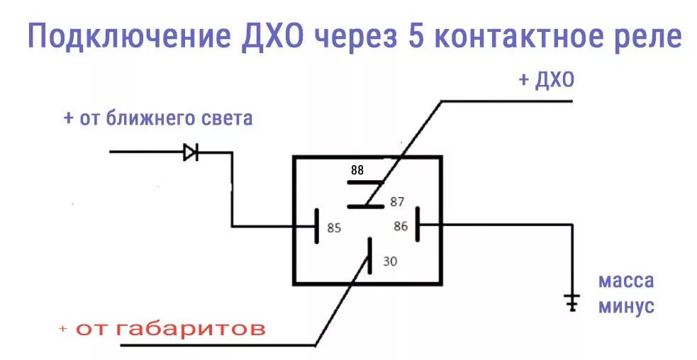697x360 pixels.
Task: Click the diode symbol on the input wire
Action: click(190, 152)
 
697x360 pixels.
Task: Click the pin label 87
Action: click(396, 202)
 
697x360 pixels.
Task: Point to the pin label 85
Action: click(334, 228)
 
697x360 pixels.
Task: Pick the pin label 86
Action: click(401, 226)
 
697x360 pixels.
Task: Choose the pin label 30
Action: click(390, 261)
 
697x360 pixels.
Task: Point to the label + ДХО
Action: click(545, 80)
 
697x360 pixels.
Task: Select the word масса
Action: click(626, 281)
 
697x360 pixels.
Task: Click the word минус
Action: click(626, 307)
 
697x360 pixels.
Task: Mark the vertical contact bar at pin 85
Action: click(316, 225)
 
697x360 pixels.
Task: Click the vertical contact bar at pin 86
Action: click(418, 225)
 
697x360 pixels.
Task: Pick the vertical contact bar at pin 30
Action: click(369, 257)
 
